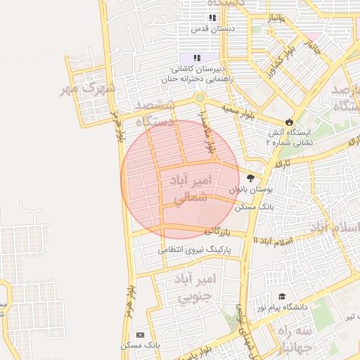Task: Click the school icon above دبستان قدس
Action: (x=212, y=18)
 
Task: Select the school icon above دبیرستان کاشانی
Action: (x=198, y=57)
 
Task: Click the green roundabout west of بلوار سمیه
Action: (x=200, y=98)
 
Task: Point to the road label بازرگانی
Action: (x=217, y=231)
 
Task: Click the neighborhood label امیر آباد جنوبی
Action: (x=198, y=289)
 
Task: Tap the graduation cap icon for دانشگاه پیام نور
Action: (x=282, y=297)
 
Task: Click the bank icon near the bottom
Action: (x=139, y=335)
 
